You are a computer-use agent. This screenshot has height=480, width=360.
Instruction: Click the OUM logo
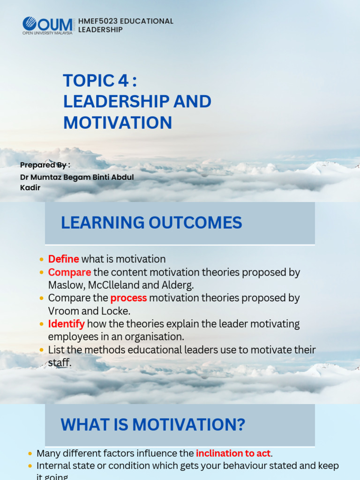click(47, 25)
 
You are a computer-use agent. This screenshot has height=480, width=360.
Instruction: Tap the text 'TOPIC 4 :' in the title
click(100, 81)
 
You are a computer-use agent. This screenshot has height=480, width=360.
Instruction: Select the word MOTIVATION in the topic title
click(118, 123)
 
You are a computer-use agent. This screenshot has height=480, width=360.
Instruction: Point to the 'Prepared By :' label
click(45, 165)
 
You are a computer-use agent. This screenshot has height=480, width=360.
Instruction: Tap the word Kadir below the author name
click(30, 187)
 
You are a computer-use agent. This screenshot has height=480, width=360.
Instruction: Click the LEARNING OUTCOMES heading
click(151, 223)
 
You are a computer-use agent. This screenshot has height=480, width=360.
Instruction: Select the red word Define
click(63, 259)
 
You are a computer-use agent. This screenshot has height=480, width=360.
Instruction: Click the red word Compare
click(69, 272)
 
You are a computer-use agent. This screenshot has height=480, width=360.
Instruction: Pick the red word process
click(128, 298)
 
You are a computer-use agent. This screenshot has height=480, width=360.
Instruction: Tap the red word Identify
click(66, 324)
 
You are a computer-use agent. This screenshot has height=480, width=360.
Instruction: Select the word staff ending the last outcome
click(60, 363)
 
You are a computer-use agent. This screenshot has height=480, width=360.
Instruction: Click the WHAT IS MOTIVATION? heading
click(153, 425)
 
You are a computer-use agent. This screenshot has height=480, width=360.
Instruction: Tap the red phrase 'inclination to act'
click(233, 453)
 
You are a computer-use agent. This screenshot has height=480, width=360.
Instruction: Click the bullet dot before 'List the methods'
click(42, 350)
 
